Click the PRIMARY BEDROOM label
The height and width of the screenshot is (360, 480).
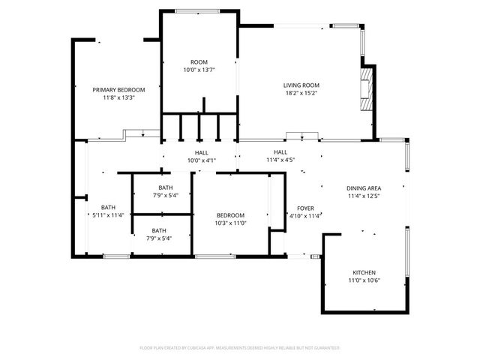(x=118, y=89)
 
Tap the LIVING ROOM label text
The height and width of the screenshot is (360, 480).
(x=301, y=85)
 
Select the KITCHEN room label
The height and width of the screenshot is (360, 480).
(x=364, y=272)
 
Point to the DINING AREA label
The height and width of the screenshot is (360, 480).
(x=364, y=188)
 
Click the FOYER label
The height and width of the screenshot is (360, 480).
(x=305, y=208)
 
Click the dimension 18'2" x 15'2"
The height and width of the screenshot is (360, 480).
(x=301, y=94)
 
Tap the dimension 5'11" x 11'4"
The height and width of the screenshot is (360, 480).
(x=109, y=215)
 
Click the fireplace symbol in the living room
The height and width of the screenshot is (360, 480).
(x=366, y=91)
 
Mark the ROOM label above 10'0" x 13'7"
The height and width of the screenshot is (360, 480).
(x=199, y=61)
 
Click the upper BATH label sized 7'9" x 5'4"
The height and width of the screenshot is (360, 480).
(x=165, y=187)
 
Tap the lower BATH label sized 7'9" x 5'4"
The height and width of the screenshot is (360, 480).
(x=159, y=230)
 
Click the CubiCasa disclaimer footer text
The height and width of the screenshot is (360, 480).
(x=240, y=348)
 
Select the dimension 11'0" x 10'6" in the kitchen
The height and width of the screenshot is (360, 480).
(x=364, y=280)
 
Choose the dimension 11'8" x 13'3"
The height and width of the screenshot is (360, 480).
(x=118, y=97)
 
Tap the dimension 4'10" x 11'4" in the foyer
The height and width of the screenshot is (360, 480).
(x=305, y=216)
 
